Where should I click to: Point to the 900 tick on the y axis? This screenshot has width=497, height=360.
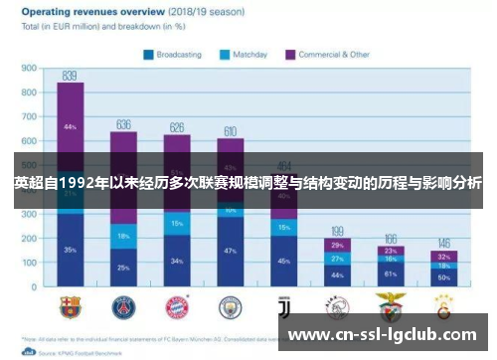29,69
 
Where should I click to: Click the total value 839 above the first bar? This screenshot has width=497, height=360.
70,76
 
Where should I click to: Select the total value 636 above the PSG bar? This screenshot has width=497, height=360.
123,124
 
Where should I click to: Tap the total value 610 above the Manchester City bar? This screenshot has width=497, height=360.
230,131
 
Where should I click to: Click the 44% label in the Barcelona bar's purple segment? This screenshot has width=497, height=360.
70,127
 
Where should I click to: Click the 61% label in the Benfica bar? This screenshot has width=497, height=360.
391,272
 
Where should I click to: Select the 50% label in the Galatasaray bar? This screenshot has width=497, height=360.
444,276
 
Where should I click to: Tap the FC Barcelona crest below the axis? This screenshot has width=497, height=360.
70,305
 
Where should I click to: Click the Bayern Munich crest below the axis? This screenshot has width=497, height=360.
177,305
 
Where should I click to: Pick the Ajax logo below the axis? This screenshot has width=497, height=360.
337,305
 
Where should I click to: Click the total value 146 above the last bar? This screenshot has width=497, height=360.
444,244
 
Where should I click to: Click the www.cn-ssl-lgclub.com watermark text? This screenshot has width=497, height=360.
383,336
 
